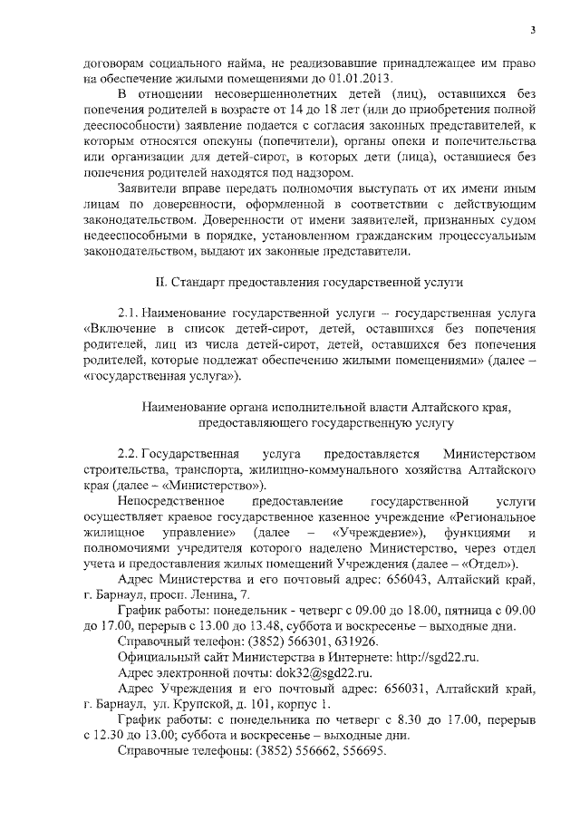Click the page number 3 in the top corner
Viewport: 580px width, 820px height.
(x=534, y=30)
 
